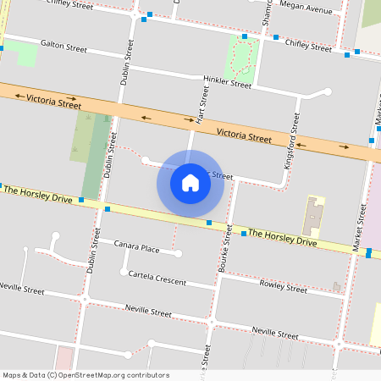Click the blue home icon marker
(190, 183)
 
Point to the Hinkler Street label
(228, 85)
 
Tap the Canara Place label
(137, 249)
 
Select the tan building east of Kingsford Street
(313, 215)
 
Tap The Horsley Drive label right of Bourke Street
(283, 238)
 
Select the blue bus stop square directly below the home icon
(209, 223)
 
